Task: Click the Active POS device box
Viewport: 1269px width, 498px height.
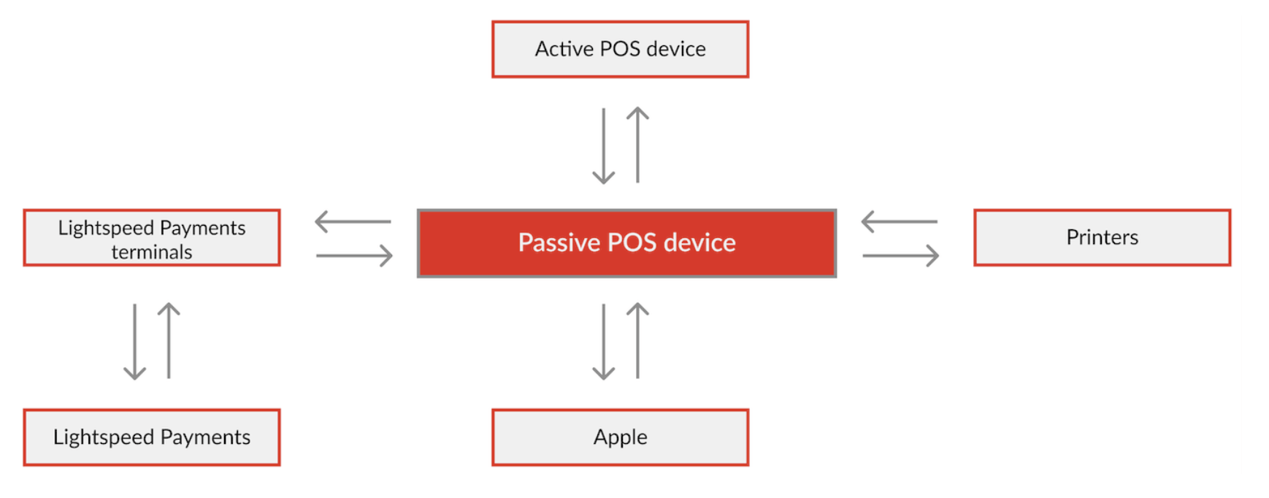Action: coord(620,49)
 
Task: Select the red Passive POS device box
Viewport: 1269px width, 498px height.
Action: coord(626,243)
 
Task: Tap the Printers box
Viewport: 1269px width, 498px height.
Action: coord(1102,237)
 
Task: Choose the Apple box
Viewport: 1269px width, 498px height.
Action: coord(620,437)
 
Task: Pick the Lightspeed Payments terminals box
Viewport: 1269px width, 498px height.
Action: coord(152,237)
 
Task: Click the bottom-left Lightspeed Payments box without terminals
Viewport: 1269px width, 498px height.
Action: coord(152,437)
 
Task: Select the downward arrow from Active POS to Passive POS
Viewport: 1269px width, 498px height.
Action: coord(603,146)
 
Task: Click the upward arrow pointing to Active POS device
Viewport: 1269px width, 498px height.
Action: coord(637,145)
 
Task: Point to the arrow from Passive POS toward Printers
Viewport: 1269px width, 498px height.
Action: coord(900,256)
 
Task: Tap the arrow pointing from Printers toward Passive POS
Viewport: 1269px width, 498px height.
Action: coord(899,221)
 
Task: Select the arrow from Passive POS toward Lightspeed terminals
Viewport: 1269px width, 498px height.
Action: coord(353,221)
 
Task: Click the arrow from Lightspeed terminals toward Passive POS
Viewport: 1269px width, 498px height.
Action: coord(354,256)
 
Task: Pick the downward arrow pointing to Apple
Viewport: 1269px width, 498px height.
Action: coord(603,342)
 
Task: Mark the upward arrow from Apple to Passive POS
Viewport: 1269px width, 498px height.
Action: coord(637,340)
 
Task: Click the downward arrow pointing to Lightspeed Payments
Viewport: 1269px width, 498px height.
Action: coord(134,342)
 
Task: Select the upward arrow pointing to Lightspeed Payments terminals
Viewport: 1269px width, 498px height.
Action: coord(169,340)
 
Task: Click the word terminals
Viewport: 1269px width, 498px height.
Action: coord(152,252)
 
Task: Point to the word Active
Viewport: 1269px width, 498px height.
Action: coord(564,49)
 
